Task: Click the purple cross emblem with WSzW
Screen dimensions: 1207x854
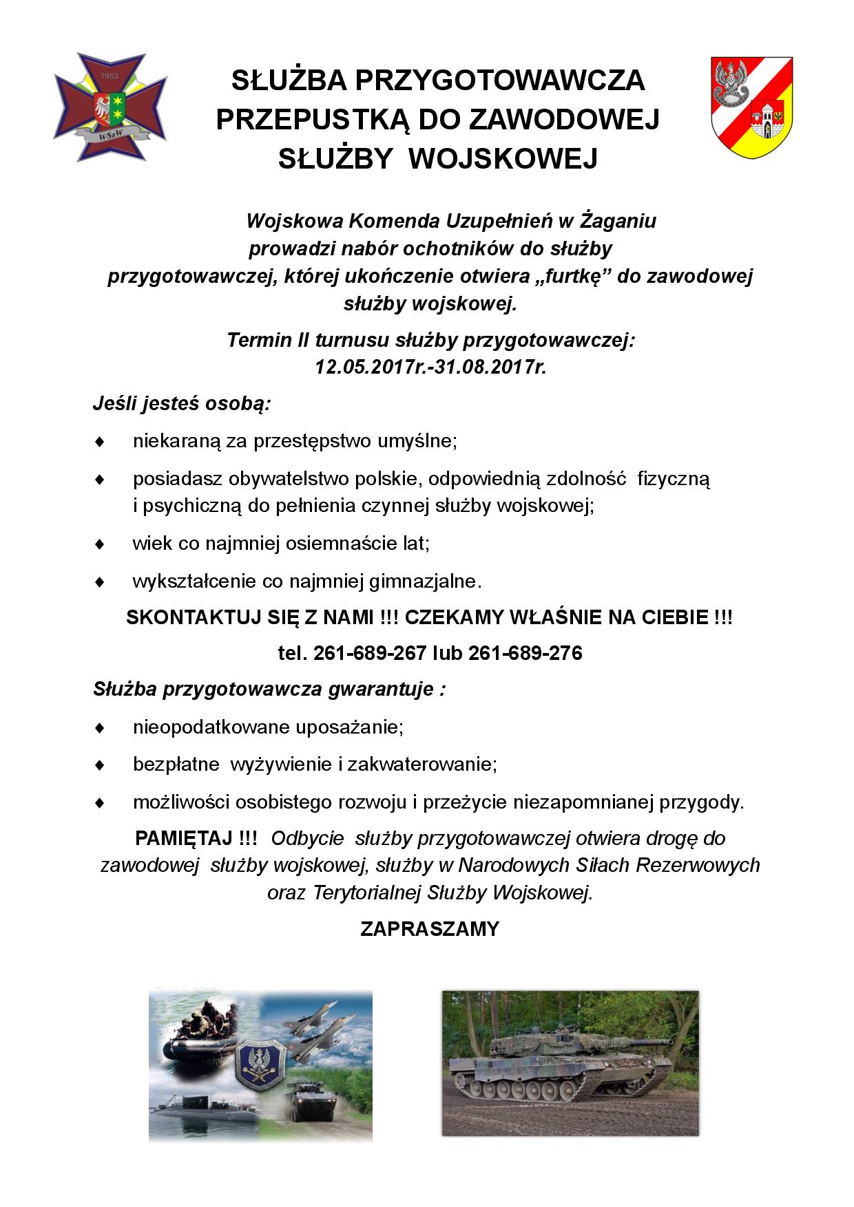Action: click(x=110, y=107)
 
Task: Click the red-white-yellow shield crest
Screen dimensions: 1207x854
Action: click(x=751, y=107)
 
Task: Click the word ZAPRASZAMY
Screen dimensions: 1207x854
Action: click(x=429, y=929)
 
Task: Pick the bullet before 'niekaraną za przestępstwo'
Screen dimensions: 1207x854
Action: click(x=99, y=440)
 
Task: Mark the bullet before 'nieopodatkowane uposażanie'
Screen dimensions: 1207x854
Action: click(x=99, y=727)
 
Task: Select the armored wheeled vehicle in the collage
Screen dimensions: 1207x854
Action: click(x=311, y=1109)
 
